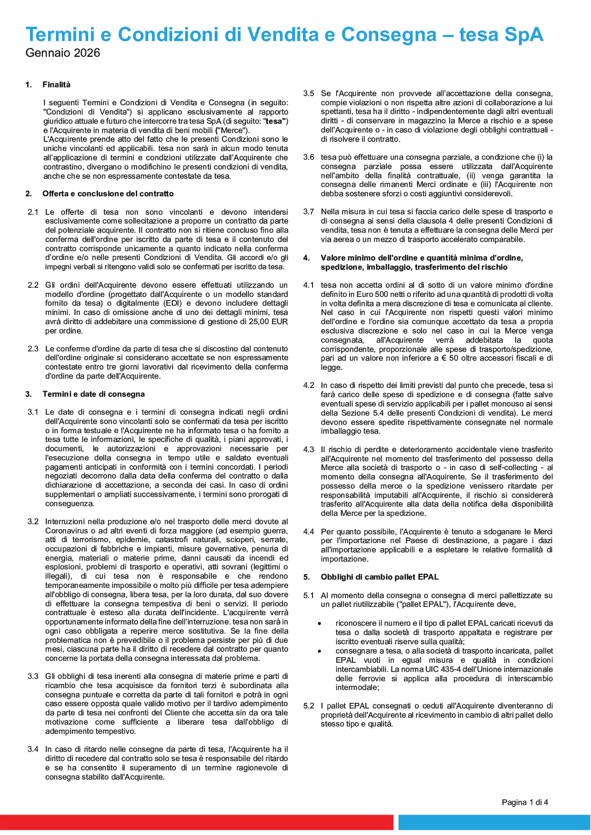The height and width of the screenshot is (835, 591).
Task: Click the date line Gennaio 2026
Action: [63, 53]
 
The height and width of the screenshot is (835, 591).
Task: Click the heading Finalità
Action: [56, 85]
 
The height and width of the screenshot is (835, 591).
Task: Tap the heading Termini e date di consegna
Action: [94, 394]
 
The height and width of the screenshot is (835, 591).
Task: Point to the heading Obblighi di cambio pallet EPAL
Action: [380, 577]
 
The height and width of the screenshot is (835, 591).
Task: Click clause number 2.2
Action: [33, 285]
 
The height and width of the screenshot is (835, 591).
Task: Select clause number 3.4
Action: [33, 749]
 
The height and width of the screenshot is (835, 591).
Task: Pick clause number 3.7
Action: [308, 212]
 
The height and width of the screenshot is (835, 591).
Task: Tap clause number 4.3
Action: [308, 449]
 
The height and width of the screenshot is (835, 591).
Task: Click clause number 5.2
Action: [308, 706]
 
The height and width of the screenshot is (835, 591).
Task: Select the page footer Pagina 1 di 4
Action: [524, 802]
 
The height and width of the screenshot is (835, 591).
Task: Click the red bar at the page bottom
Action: [197, 822]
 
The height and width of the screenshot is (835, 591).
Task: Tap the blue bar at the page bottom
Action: [494, 822]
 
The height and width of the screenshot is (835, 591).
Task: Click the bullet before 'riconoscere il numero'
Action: [319, 623]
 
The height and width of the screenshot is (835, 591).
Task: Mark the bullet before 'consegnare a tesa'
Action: [319, 651]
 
